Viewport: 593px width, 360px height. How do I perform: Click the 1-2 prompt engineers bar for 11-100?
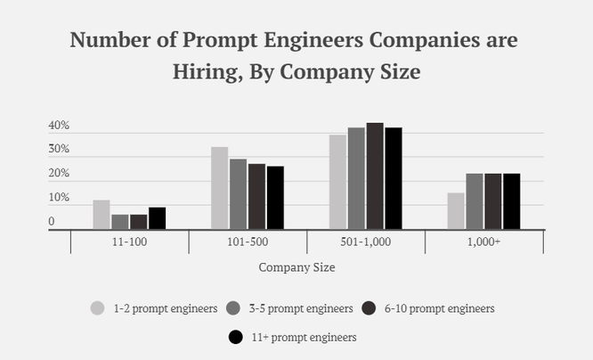click(x=102, y=215)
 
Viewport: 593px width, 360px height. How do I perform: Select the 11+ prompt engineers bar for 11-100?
click(x=157, y=218)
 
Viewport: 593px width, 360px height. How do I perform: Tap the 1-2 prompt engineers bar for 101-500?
click(x=219, y=188)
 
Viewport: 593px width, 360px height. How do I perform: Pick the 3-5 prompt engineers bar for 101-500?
click(x=238, y=194)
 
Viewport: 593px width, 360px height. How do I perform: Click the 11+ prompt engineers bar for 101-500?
click(x=275, y=198)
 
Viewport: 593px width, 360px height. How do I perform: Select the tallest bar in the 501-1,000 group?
click(x=375, y=176)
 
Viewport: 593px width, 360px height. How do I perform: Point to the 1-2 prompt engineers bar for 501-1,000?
click(x=337, y=183)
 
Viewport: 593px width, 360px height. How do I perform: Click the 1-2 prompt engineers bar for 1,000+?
click(x=456, y=211)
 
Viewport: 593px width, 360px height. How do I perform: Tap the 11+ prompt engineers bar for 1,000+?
click(x=511, y=201)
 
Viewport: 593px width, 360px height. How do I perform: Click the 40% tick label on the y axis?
click(x=59, y=127)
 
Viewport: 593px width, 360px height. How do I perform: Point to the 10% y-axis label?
click(x=59, y=198)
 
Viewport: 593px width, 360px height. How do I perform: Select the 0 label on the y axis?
click(x=52, y=222)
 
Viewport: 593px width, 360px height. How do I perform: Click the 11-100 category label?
click(x=129, y=241)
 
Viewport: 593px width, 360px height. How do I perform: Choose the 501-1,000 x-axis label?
click(x=366, y=241)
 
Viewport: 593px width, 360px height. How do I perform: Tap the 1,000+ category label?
click(x=484, y=241)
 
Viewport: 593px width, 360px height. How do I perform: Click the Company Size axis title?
click(x=296, y=266)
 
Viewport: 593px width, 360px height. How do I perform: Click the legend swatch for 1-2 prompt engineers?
click(x=98, y=308)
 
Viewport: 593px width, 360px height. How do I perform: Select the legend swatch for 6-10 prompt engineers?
click(x=370, y=308)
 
